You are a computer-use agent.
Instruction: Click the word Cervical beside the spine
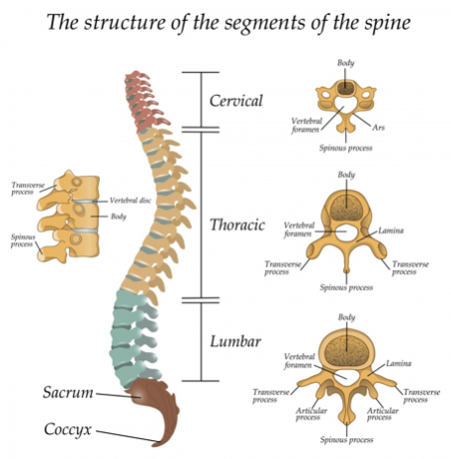pos(236,101)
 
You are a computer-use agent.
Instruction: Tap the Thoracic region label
pos(237,225)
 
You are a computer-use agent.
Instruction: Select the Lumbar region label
pos(235,341)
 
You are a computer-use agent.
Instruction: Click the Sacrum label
pos(68,393)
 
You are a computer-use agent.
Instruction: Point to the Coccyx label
pos(67,430)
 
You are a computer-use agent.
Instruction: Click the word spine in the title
pos(388,23)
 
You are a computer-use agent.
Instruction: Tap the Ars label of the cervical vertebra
pos(379,128)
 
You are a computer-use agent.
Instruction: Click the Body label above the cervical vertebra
pos(345,63)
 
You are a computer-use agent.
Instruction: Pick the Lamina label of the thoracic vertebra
pos(391,230)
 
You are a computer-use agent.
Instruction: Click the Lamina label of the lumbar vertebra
pos(399,363)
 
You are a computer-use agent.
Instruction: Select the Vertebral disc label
pos(131,200)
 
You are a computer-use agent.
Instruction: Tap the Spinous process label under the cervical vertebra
pos(345,148)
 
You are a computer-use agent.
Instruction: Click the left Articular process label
pos(311,414)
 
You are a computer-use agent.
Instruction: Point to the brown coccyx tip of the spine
pos(160,441)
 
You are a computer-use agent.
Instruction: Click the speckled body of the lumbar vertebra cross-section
pos(346,351)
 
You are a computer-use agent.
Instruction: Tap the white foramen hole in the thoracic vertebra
pos(345,232)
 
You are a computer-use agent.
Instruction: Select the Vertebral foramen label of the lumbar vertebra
pos(299,361)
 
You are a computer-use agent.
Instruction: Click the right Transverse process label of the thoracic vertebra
pos(410,268)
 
